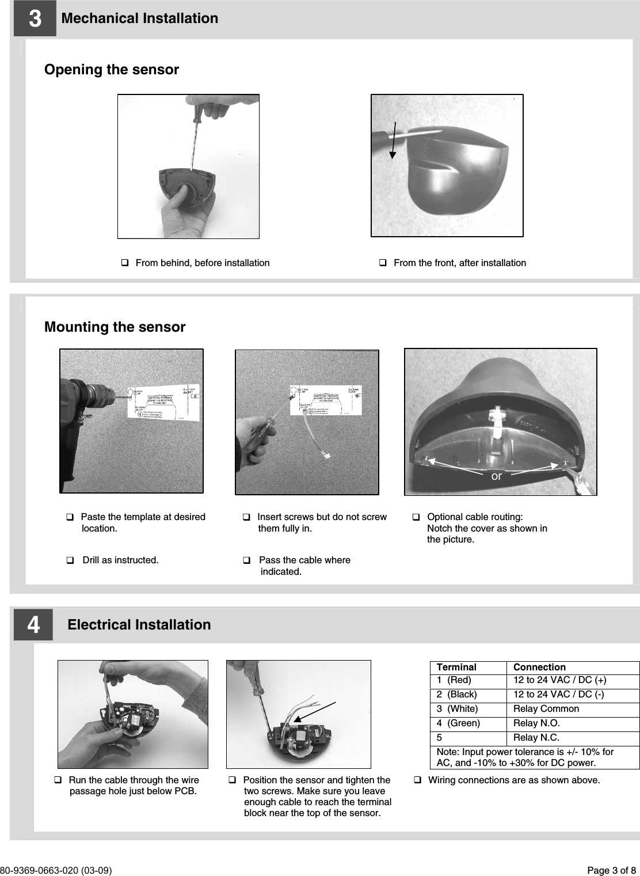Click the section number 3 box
[x=35, y=19]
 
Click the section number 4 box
[x=33, y=625]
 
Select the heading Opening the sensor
[x=112, y=70]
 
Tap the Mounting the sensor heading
[x=115, y=327]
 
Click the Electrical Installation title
[x=139, y=625]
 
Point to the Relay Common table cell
[x=546, y=709]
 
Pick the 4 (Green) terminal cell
[x=458, y=723]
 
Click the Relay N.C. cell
[x=535, y=738]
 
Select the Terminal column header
[x=456, y=668]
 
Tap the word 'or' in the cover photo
[x=496, y=476]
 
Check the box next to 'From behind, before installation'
[x=124, y=263]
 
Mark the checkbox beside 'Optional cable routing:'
[x=416, y=517]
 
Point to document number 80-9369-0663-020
[x=56, y=870]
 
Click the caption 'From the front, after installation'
[x=459, y=263]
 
